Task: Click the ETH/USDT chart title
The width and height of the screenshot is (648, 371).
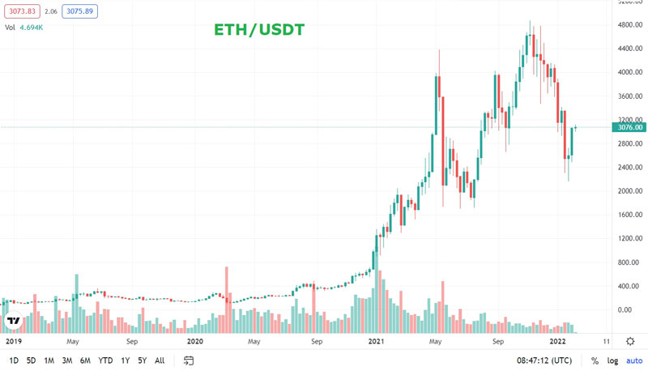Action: click(x=258, y=31)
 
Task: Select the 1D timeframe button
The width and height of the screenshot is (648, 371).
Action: click(x=12, y=360)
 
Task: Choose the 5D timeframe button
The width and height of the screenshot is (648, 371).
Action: click(x=31, y=360)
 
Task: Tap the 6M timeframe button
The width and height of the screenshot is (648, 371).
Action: click(x=85, y=360)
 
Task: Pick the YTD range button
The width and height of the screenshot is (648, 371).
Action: click(x=105, y=360)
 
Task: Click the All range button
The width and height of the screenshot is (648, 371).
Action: click(x=160, y=360)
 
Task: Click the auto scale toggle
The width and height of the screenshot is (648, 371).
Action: click(x=633, y=360)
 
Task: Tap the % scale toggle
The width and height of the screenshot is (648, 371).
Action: click(x=594, y=360)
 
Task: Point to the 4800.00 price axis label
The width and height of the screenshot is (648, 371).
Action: click(x=629, y=25)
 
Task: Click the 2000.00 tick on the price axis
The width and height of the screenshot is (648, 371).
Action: click(x=629, y=191)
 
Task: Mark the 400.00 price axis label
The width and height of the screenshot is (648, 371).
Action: click(x=629, y=286)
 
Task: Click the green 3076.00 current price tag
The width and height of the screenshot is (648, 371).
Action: click(x=630, y=127)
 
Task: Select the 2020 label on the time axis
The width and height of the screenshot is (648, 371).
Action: click(x=194, y=342)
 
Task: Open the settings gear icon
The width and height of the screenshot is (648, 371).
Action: click(x=632, y=342)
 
